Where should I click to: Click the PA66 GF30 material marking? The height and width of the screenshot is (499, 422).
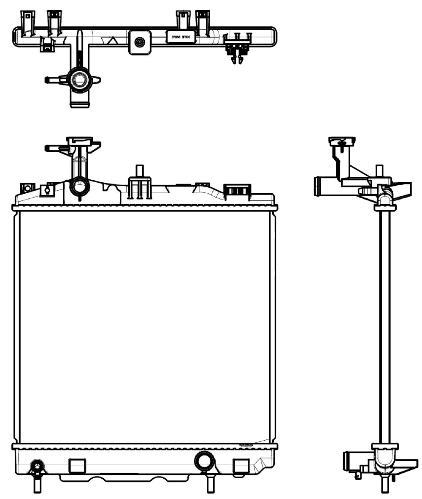point(180,37)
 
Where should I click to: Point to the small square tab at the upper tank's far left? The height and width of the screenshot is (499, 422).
point(28,187)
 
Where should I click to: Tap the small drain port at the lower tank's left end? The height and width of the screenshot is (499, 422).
point(37,467)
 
